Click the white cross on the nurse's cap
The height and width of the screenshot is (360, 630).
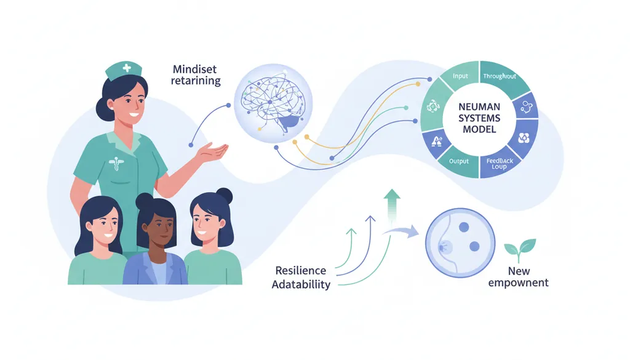[127, 68]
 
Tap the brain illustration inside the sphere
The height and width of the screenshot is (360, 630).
[271, 103]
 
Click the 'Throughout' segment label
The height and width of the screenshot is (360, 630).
[500, 76]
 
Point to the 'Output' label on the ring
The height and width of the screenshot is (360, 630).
[459, 161]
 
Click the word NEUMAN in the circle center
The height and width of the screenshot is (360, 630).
[479, 107]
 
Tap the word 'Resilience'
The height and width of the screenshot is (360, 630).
[300, 270]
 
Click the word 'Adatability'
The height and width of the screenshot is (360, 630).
[301, 284]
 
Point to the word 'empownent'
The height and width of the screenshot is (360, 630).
[518, 283]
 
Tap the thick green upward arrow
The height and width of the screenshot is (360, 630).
[392, 207]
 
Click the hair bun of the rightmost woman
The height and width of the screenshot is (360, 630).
[224, 196]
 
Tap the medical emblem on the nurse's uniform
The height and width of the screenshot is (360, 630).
[116, 163]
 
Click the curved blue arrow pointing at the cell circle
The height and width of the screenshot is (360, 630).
[401, 231]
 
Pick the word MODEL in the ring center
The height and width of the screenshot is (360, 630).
[479, 129]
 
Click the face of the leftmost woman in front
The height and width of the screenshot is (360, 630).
[105, 225]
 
